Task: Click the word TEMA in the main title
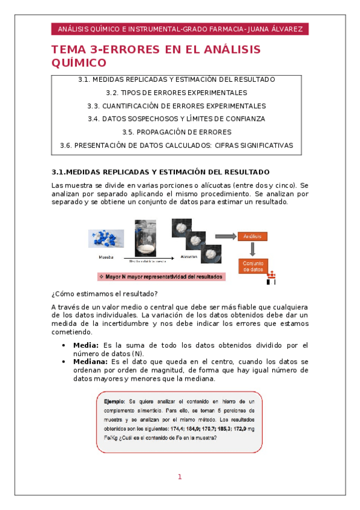68,50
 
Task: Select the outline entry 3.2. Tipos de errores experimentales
176,93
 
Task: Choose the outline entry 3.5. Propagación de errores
176,132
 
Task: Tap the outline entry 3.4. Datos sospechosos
176,118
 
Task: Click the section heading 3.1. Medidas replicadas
161,171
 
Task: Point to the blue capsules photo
106,238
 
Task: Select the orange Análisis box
252,236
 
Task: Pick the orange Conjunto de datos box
252,266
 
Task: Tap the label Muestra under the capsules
106,257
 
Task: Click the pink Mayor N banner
161,277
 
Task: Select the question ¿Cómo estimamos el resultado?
105,293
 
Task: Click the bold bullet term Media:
86,345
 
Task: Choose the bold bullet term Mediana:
90,362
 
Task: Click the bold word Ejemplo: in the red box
114,401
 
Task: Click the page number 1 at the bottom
179,477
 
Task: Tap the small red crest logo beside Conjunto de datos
272,277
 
